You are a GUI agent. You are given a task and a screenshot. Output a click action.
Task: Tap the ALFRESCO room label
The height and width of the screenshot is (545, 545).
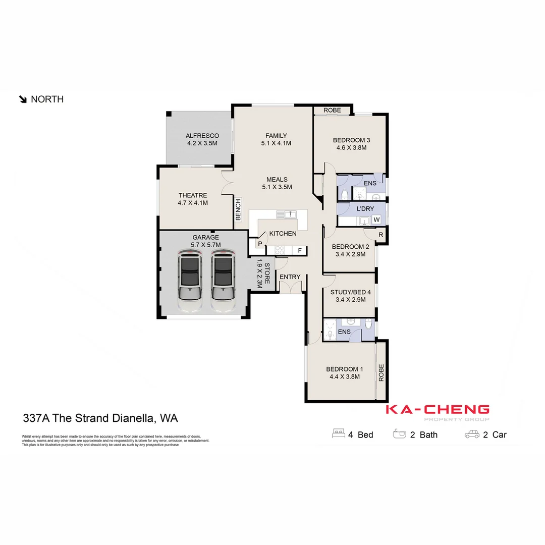click(x=202, y=136)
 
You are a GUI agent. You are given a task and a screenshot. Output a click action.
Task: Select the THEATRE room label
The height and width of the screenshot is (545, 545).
click(x=193, y=195)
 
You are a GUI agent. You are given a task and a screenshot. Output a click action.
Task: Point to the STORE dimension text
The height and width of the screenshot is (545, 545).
click(x=260, y=274)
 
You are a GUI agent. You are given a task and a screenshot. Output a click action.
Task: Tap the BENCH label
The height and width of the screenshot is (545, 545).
click(x=238, y=210)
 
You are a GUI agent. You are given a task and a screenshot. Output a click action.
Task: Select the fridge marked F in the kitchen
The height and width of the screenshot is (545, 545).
click(x=299, y=250)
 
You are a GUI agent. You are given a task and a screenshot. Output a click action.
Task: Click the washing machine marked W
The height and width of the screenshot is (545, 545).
click(x=376, y=220)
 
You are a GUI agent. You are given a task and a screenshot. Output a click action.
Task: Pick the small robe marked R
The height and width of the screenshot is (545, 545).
click(x=380, y=235)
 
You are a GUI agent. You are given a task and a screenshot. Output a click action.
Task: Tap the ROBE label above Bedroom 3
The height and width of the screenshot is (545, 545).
click(x=332, y=110)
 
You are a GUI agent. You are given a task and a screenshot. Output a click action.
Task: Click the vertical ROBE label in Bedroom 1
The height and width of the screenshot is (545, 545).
click(x=381, y=372)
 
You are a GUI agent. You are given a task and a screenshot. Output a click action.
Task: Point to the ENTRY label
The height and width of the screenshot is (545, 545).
click(x=290, y=277)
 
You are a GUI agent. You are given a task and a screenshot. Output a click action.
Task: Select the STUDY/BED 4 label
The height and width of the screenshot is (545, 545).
click(x=350, y=292)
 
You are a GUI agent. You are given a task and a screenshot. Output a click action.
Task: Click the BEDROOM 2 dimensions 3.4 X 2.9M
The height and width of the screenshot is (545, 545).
click(x=350, y=255)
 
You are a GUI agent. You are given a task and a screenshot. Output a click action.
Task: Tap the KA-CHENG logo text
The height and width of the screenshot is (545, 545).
click(x=438, y=409)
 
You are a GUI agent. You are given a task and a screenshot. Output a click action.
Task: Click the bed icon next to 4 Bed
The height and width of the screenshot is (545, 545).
click(x=338, y=434)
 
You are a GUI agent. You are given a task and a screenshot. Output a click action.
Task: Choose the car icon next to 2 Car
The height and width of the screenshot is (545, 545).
click(x=472, y=434)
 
